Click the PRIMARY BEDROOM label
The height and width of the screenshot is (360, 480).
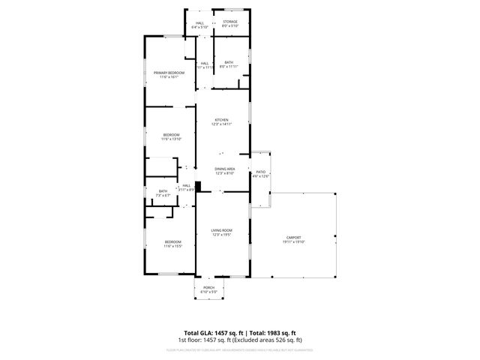point(169,72)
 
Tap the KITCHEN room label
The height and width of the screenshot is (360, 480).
point(221,120)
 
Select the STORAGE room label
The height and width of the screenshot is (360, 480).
point(230,22)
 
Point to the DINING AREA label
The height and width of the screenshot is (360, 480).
point(225,169)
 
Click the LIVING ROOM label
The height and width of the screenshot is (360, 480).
point(221,230)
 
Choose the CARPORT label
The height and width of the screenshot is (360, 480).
point(293,237)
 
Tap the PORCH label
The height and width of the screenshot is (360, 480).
point(209,287)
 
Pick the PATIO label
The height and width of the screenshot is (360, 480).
point(261,172)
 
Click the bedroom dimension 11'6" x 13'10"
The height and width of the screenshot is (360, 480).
point(171,139)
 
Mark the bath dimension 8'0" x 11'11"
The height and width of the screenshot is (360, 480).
point(229,67)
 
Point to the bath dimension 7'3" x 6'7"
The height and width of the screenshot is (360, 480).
point(163,195)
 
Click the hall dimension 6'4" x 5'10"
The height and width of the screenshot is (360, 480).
point(200,28)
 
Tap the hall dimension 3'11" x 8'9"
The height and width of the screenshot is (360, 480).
point(187,190)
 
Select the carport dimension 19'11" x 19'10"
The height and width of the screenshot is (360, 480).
point(293,242)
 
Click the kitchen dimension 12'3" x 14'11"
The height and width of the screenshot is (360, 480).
point(221,125)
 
